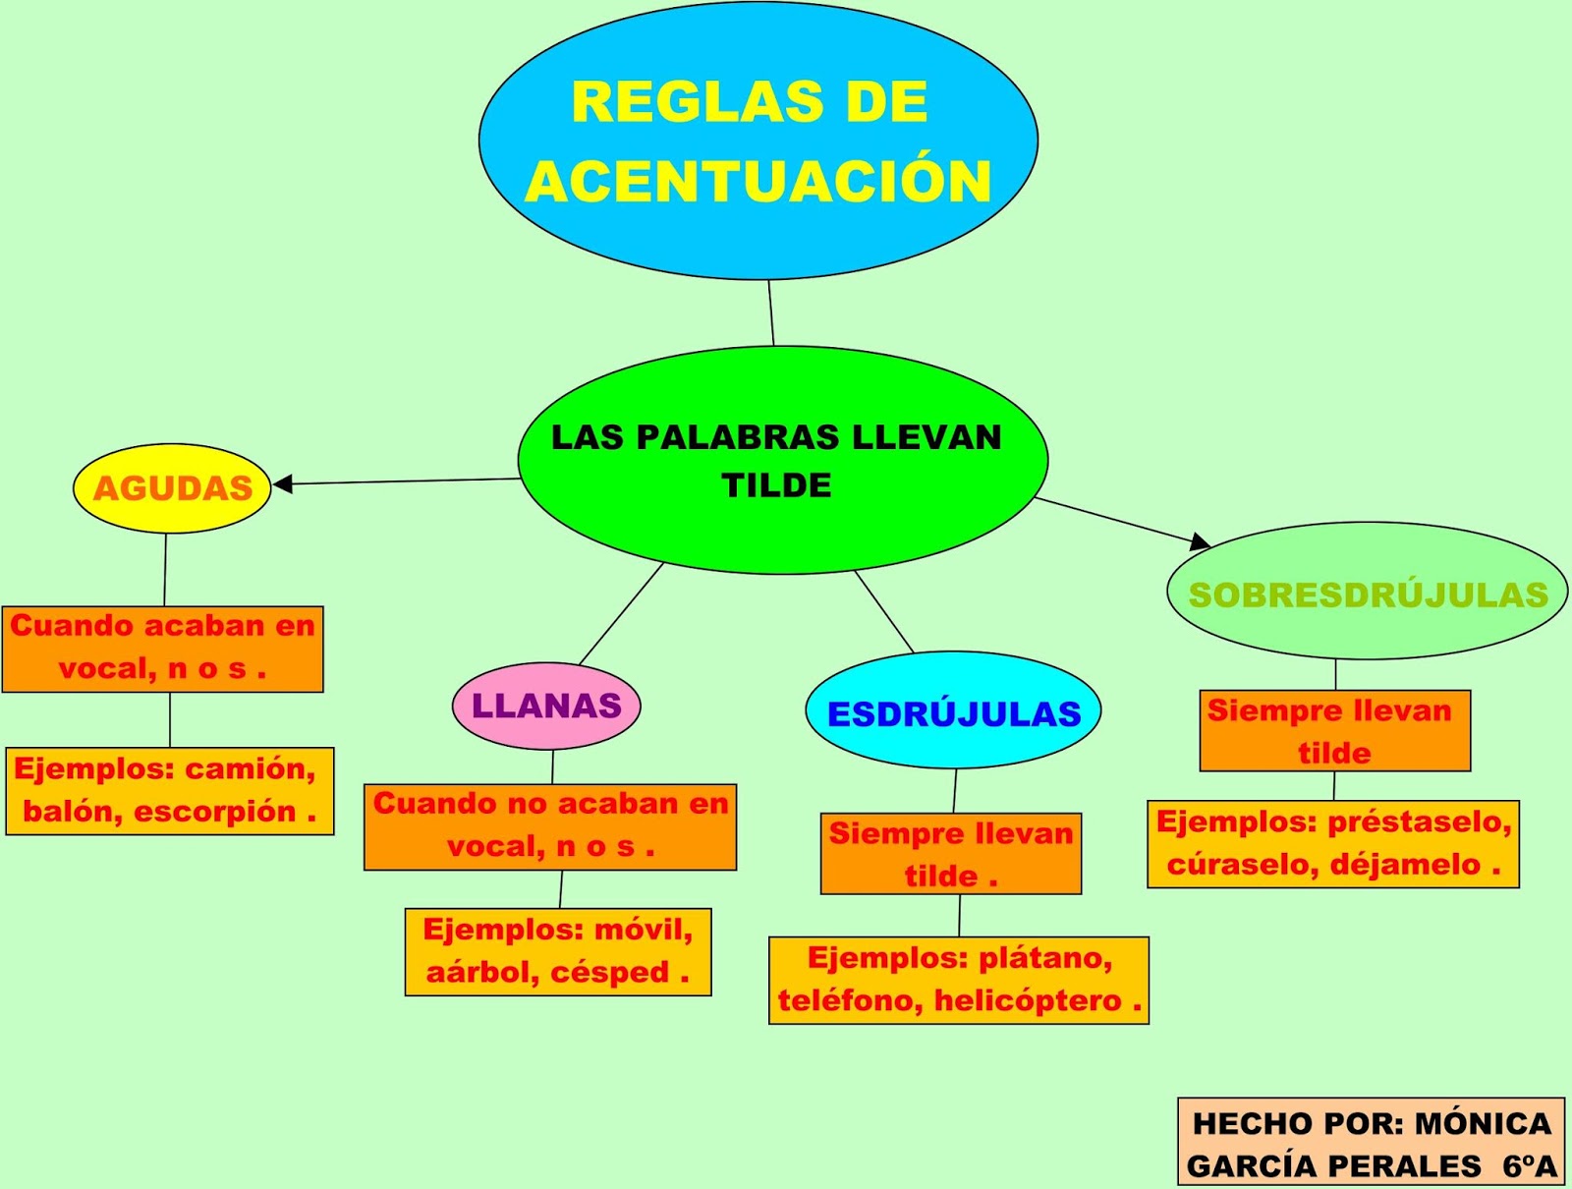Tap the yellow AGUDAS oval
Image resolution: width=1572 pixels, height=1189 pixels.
tap(172, 488)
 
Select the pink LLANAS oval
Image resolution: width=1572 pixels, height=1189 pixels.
tap(546, 706)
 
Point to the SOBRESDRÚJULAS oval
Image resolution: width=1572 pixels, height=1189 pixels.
tap(1368, 594)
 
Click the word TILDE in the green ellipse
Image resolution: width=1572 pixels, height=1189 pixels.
tap(776, 485)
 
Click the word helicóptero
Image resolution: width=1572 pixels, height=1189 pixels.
tap(1027, 1000)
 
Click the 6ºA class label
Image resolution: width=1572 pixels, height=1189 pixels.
tap(1529, 1165)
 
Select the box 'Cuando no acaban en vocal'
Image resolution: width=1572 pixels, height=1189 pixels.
tap(549, 825)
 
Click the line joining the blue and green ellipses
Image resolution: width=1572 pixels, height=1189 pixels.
tap(771, 312)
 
